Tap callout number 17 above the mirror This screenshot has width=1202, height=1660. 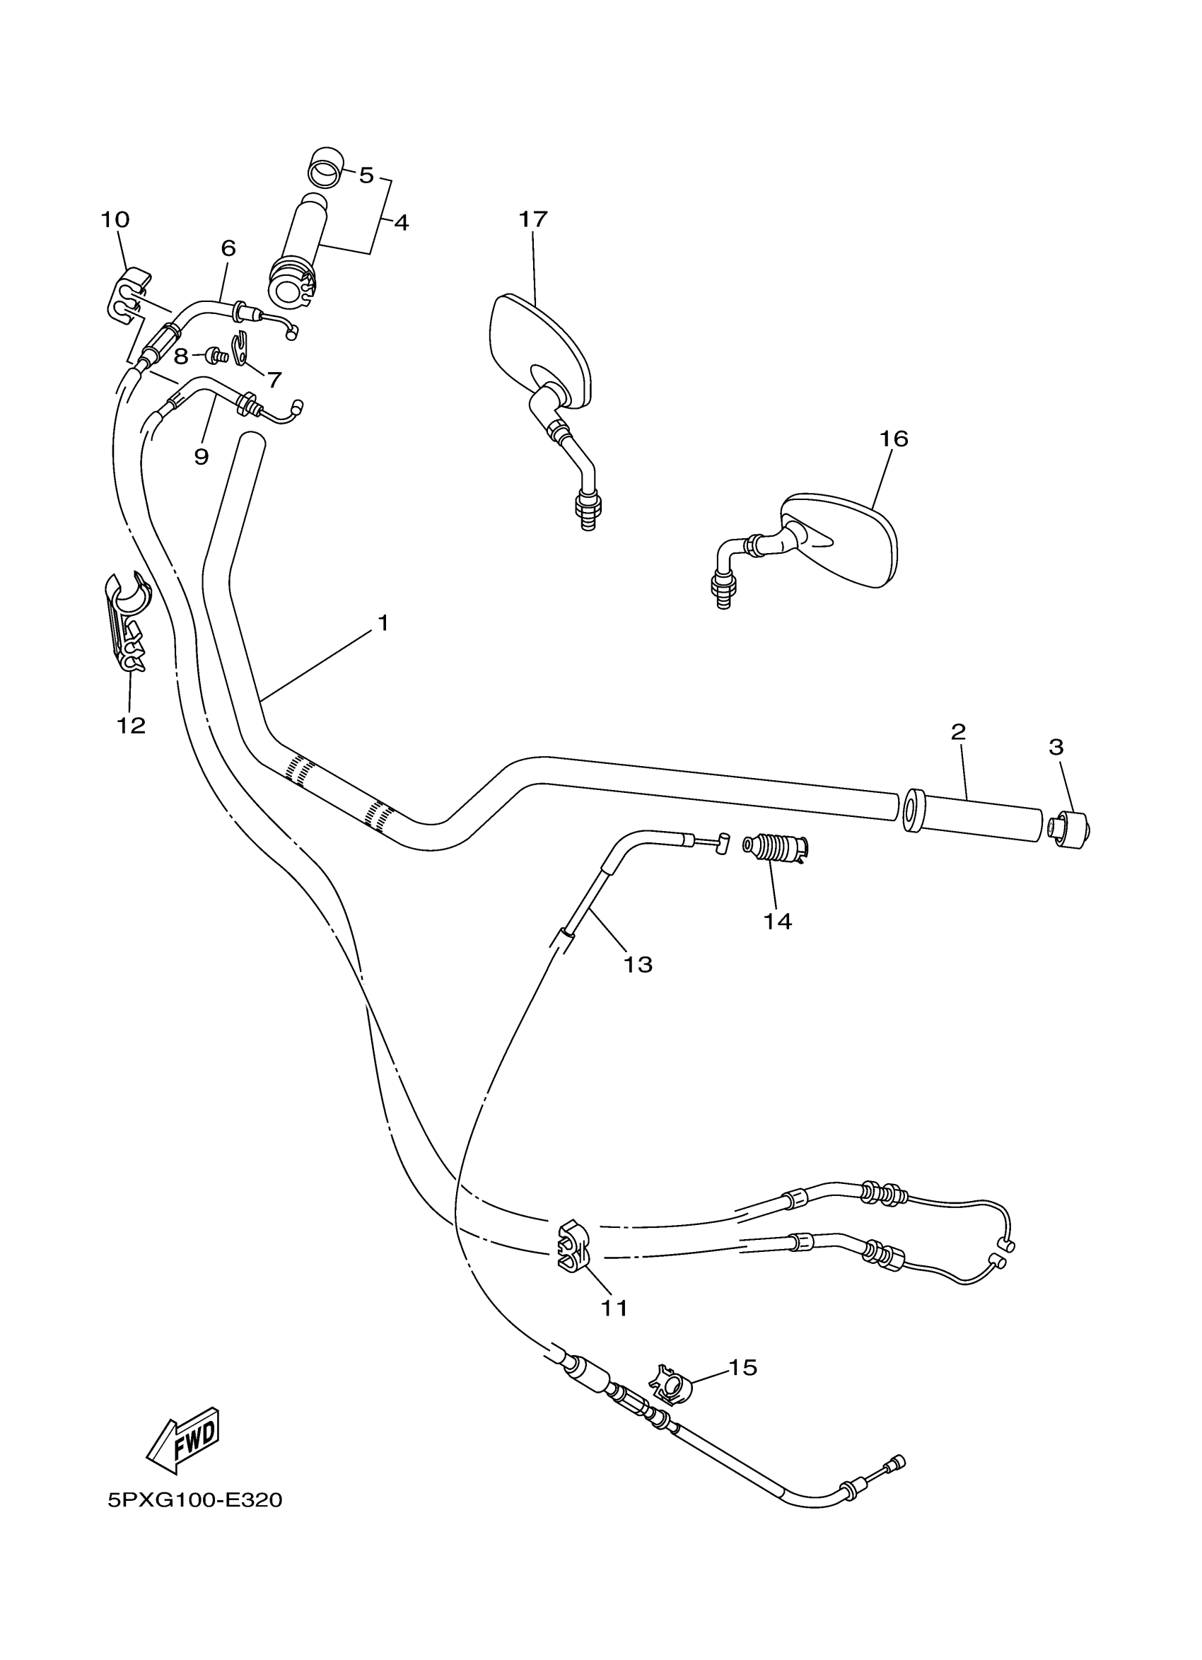click(532, 219)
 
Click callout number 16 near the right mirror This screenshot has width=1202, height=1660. click(893, 439)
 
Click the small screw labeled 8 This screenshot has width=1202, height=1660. click(216, 356)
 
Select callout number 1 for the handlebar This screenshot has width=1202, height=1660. click(383, 623)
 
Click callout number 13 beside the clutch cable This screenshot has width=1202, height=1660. click(637, 965)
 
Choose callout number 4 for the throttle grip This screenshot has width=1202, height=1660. click(401, 223)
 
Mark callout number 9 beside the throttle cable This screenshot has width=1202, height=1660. click(202, 457)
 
